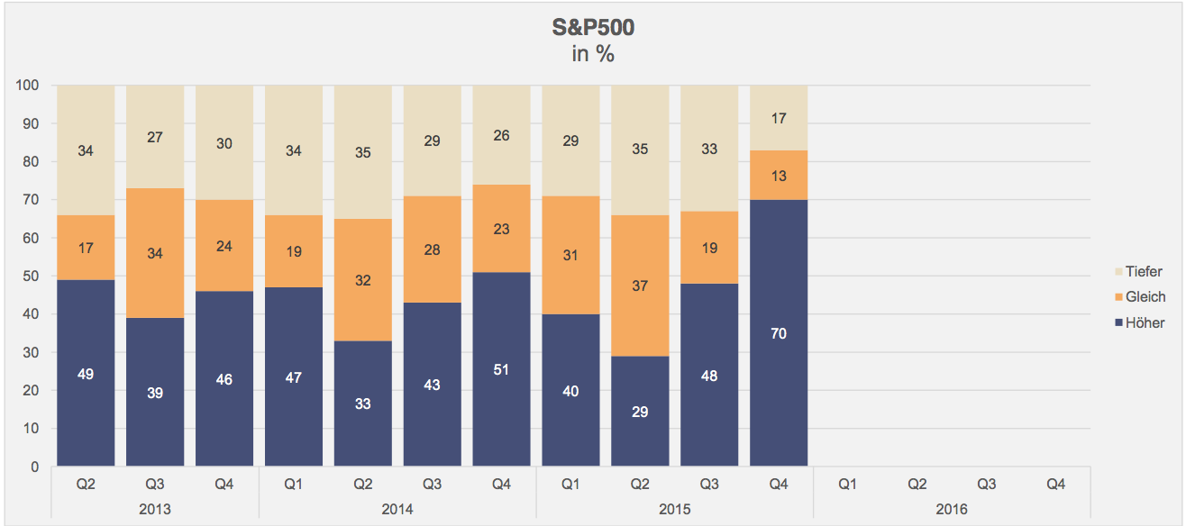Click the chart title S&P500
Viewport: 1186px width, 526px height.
(593, 28)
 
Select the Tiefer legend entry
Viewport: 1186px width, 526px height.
(1144, 272)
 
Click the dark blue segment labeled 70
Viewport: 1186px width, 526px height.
(779, 333)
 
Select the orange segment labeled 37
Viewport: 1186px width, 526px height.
(640, 286)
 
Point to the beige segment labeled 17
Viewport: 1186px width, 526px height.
(779, 118)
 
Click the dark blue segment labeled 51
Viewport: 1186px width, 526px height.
(501, 369)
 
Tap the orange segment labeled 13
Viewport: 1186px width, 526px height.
(779, 176)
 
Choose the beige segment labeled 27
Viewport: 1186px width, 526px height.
(155, 137)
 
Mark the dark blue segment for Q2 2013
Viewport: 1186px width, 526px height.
(86, 373)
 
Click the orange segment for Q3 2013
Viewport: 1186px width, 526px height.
(155, 253)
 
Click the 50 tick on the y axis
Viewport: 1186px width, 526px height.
(31, 277)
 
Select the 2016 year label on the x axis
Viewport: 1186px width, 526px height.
(952, 510)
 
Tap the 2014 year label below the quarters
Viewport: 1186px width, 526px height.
(397, 510)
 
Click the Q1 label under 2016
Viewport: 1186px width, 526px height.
(848, 485)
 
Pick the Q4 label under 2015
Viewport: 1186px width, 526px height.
(779, 485)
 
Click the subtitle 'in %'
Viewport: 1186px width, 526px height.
(593, 54)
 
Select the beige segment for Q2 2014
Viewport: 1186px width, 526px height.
(362, 152)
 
